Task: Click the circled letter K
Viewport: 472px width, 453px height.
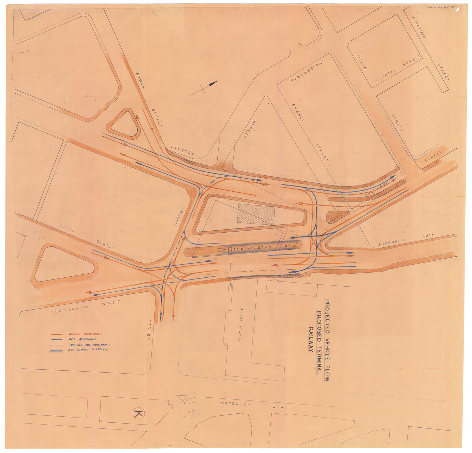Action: (139, 414)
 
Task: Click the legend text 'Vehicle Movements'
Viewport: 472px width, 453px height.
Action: (85, 334)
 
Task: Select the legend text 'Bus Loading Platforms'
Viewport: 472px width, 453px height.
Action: (89, 350)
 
